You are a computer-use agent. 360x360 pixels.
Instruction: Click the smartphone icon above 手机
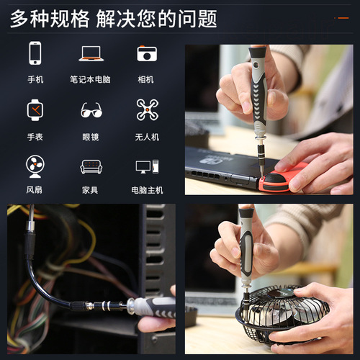point(35,53)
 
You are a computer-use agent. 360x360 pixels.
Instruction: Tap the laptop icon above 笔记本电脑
point(91,53)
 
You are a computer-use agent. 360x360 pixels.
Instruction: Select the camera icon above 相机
point(147,53)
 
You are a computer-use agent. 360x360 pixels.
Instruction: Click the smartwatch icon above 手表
point(35,109)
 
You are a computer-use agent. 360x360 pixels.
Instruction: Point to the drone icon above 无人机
point(147,109)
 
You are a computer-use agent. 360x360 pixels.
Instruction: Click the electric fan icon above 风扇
point(35,166)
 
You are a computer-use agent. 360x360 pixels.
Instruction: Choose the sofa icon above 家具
point(91,166)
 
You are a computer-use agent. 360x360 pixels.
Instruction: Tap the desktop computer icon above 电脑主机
point(147,166)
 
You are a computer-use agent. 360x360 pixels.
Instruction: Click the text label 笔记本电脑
point(91,79)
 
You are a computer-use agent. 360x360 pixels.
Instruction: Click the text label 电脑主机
point(147,190)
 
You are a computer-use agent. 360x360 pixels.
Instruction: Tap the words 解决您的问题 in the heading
point(160,18)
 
